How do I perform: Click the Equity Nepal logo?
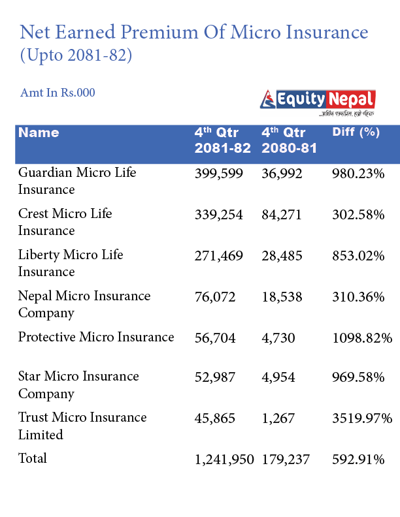tap(318, 102)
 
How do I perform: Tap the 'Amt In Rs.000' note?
tap(58, 93)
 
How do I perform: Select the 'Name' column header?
tap(39, 133)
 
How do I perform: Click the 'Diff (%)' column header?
tap(356, 132)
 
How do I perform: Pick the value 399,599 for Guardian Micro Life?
tap(218, 173)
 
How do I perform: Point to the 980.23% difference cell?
tap(359, 173)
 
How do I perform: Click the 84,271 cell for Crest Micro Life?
tap(282, 214)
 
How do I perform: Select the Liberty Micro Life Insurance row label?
tap(71, 263)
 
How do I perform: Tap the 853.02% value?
tap(359, 255)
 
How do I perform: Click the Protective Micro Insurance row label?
tap(96, 337)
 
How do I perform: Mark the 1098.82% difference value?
tap(362, 337)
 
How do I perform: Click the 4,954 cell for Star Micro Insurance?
tap(278, 377)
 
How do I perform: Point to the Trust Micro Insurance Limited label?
tap(82, 426)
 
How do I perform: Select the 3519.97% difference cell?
tap(362, 418)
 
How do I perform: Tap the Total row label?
tap(33, 458)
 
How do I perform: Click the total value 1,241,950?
tap(224, 460)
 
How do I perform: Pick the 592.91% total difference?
tap(359, 460)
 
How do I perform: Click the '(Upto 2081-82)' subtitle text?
tap(76, 56)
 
